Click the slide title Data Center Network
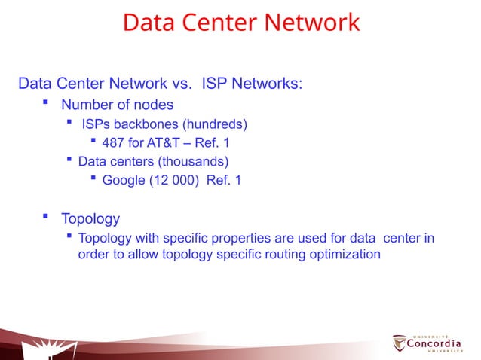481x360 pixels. tap(240, 22)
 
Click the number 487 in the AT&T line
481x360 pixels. tap(114, 142)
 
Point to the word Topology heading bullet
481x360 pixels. tap(90, 219)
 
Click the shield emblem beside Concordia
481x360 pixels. tap(399, 343)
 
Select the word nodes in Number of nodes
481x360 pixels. tap(154, 105)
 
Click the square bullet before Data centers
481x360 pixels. tap(69, 160)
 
